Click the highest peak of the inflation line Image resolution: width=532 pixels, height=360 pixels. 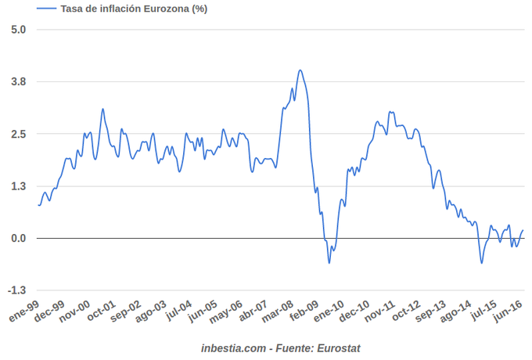(300, 70)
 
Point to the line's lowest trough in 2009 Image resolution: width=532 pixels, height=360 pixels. (329, 262)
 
